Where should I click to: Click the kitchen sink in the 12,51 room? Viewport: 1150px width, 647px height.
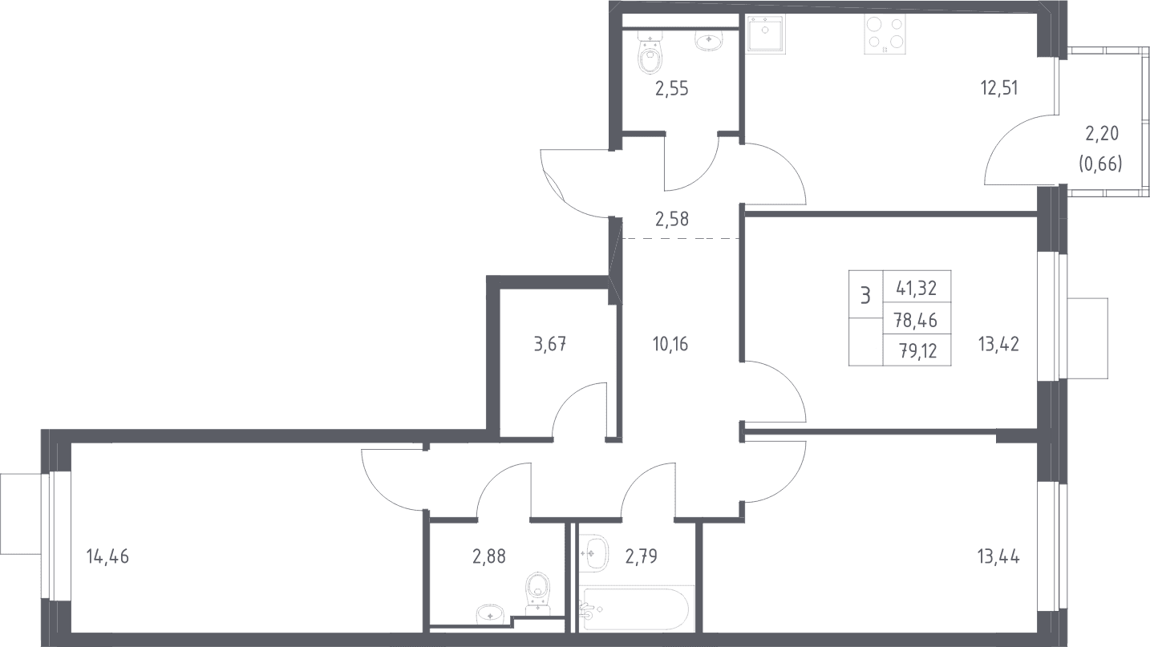click(765, 34)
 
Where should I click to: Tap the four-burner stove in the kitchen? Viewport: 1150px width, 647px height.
click(885, 34)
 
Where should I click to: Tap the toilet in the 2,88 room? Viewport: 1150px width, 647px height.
click(537, 594)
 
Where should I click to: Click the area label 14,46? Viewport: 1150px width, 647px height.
click(107, 556)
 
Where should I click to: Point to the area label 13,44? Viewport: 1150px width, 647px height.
click(998, 556)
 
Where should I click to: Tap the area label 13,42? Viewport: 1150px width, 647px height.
click(998, 344)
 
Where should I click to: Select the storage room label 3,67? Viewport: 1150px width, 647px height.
click(550, 344)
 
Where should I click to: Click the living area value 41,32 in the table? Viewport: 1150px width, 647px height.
click(917, 289)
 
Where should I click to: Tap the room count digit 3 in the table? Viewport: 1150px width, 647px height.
click(865, 296)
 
